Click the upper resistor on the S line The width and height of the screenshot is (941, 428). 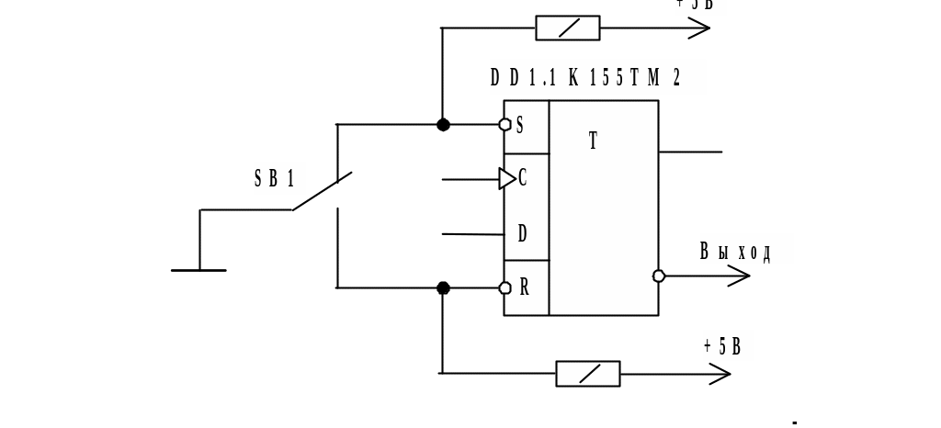[x=568, y=28]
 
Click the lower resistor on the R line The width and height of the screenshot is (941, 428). [x=588, y=374]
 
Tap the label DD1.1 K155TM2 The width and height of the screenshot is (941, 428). [x=597, y=78]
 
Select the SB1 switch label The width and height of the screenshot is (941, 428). [x=278, y=179]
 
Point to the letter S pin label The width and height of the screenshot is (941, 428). [x=520, y=125]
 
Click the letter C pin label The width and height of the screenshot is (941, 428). [x=523, y=178]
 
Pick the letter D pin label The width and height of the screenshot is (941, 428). [x=523, y=233]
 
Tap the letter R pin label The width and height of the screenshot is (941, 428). [x=524, y=287]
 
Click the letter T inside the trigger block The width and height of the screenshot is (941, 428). [x=593, y=141]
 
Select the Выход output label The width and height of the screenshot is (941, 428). [x=746, y=250]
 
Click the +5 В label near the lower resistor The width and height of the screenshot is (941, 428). [x=728, y=346]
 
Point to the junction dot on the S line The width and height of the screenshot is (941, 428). [x=443, y=125]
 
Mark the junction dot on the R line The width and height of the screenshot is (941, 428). [x=443, y=288]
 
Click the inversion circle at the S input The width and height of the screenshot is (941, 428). [x=505, y=125]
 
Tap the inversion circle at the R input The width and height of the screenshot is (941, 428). [x=505, y=288]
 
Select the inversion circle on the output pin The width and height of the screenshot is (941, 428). [x=659, y=276]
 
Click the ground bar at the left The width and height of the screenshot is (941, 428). [x=198, y=270]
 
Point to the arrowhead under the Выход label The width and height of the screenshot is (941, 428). [x=739, y=276]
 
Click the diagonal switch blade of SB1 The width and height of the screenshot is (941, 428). [x=322, y=191]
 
